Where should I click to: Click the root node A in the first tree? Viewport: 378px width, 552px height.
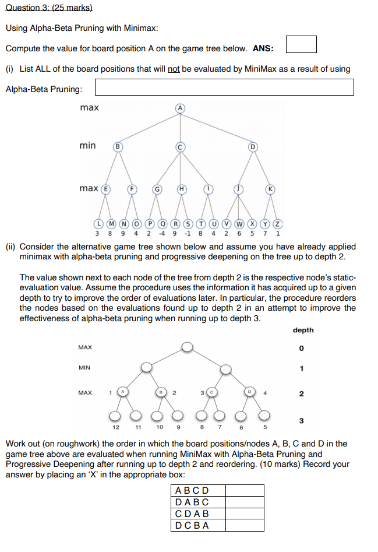[x=181, y=108]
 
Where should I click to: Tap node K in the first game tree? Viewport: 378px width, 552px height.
[x=270, y=188]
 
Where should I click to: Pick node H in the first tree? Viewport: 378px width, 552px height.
[x=182, y=188]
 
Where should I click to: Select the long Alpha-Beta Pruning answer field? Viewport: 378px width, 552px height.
[x=224, y=87]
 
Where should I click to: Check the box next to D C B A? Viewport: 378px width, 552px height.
[x=245, y=525]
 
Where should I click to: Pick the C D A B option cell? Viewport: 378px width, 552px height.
[x=199, y=514]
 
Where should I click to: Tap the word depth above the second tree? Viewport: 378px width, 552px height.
[x=303, y=330]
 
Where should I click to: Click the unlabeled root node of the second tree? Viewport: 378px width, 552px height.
[x=186, y=347]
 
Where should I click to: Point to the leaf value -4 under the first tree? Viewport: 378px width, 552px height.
[x=161, y=234]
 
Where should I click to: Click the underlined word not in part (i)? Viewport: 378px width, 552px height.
[x=174, y=69]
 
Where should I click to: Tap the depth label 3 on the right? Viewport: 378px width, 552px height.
[x=301, y=420]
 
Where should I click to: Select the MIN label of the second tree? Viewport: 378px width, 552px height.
[x=85, y=368]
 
